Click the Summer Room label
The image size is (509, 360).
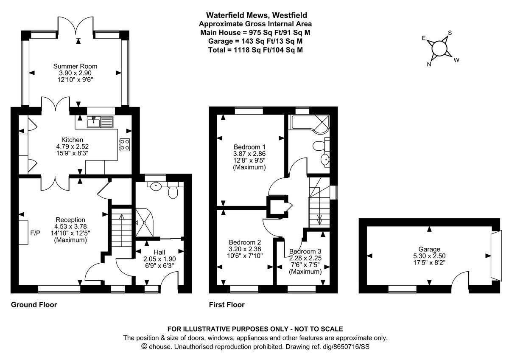75,66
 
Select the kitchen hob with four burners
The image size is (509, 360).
124,144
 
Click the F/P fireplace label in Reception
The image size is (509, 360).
35,233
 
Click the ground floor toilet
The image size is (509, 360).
173,192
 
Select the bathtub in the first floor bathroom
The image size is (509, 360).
305,123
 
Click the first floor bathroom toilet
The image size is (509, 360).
319,146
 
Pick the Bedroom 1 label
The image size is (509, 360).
249,147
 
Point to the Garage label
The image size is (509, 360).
429,249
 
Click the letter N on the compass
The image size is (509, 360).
429,64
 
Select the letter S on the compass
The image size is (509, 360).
450,33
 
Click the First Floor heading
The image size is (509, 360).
227,305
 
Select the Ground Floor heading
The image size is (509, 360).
34,305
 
